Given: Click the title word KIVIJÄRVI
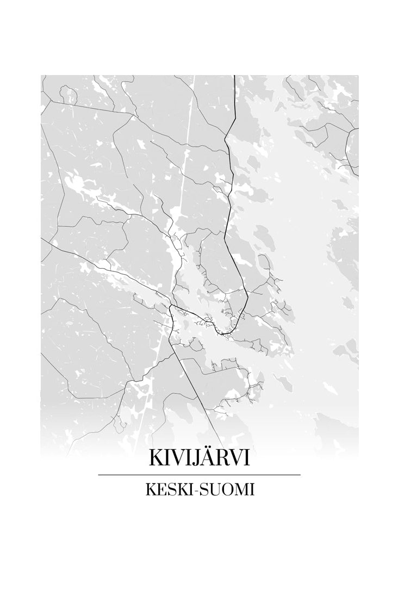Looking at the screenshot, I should point(199,458).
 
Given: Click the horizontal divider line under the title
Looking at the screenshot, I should point(199,475).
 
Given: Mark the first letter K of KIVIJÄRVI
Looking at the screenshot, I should point(156,458).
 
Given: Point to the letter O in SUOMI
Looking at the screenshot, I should point(229,489).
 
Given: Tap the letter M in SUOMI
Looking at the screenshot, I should point(242,489).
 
